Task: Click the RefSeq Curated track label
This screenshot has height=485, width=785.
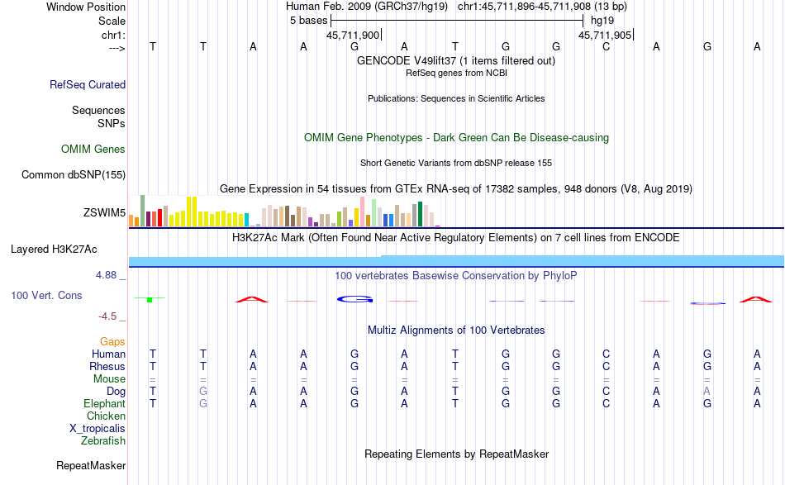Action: tap(88, 84)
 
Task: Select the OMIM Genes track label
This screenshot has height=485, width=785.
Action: tap(93, 150)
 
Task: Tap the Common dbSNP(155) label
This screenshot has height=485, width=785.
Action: tap(74, 174)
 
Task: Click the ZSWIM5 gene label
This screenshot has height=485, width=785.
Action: tap(104, 213)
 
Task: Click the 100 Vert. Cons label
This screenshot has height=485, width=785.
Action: tap(46, 295)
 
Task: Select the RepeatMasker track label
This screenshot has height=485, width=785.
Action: tap(91, 466)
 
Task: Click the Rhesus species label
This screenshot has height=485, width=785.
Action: tap(107, 366)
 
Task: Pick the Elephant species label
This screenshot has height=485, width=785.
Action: tap(104, 403)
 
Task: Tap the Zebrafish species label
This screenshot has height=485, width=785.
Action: tap(103, 440)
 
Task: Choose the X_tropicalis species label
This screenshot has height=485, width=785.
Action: tap(98, 428)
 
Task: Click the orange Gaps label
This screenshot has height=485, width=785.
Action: tap(112, 341)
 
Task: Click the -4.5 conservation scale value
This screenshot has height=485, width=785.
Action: tap(110, 316)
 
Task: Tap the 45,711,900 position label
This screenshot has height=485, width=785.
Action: tap(353, 36)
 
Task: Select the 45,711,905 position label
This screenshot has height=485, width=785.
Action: tap(605, 36)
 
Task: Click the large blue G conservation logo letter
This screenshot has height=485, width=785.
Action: tap(354, 298)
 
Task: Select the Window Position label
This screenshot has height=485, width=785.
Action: tap(86, 7)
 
